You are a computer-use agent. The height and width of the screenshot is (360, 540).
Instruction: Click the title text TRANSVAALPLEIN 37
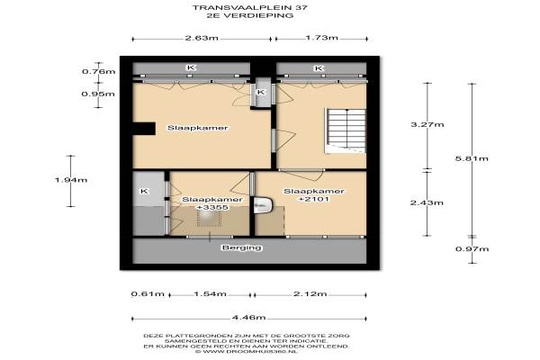[x=249, y=7]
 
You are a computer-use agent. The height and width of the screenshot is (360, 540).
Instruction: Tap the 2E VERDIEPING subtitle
[x=249, y=15]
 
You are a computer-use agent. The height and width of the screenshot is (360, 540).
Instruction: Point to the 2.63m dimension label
[x=202, y=38]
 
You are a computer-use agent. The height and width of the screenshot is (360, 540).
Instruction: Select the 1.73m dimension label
[x=321, y=38]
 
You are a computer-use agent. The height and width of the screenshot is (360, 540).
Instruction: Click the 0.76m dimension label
[x=98, y=72]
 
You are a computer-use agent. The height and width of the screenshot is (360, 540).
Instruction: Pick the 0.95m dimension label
[x=98, y=94]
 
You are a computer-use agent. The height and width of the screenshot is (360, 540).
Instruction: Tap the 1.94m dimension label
[x=71, y=180]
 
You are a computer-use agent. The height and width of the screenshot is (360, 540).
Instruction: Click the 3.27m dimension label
[x=427, y=125]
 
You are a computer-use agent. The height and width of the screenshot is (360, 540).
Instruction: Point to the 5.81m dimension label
[x=472, y=158]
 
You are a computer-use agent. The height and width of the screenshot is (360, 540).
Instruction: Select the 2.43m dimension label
[x=427, y=202]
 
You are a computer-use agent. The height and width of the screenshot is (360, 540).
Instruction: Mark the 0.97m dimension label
[x=472, y=249]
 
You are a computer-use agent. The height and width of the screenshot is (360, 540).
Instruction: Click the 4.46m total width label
[x=249, y=318]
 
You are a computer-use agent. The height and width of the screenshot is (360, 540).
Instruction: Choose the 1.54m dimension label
[x=210, y=294]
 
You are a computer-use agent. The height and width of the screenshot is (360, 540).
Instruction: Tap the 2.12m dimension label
[x=310, y=294]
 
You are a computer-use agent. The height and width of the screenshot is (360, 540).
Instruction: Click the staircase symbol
[x=345, y=131]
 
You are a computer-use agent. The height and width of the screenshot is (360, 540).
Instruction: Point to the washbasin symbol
[x=264, y=205]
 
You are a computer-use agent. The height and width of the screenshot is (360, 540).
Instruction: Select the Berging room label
[x=242, y=247]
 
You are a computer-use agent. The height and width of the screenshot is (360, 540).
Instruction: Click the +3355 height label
[x=211, y=208]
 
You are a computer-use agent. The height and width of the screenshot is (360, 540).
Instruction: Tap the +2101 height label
[x=314, y=199]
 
